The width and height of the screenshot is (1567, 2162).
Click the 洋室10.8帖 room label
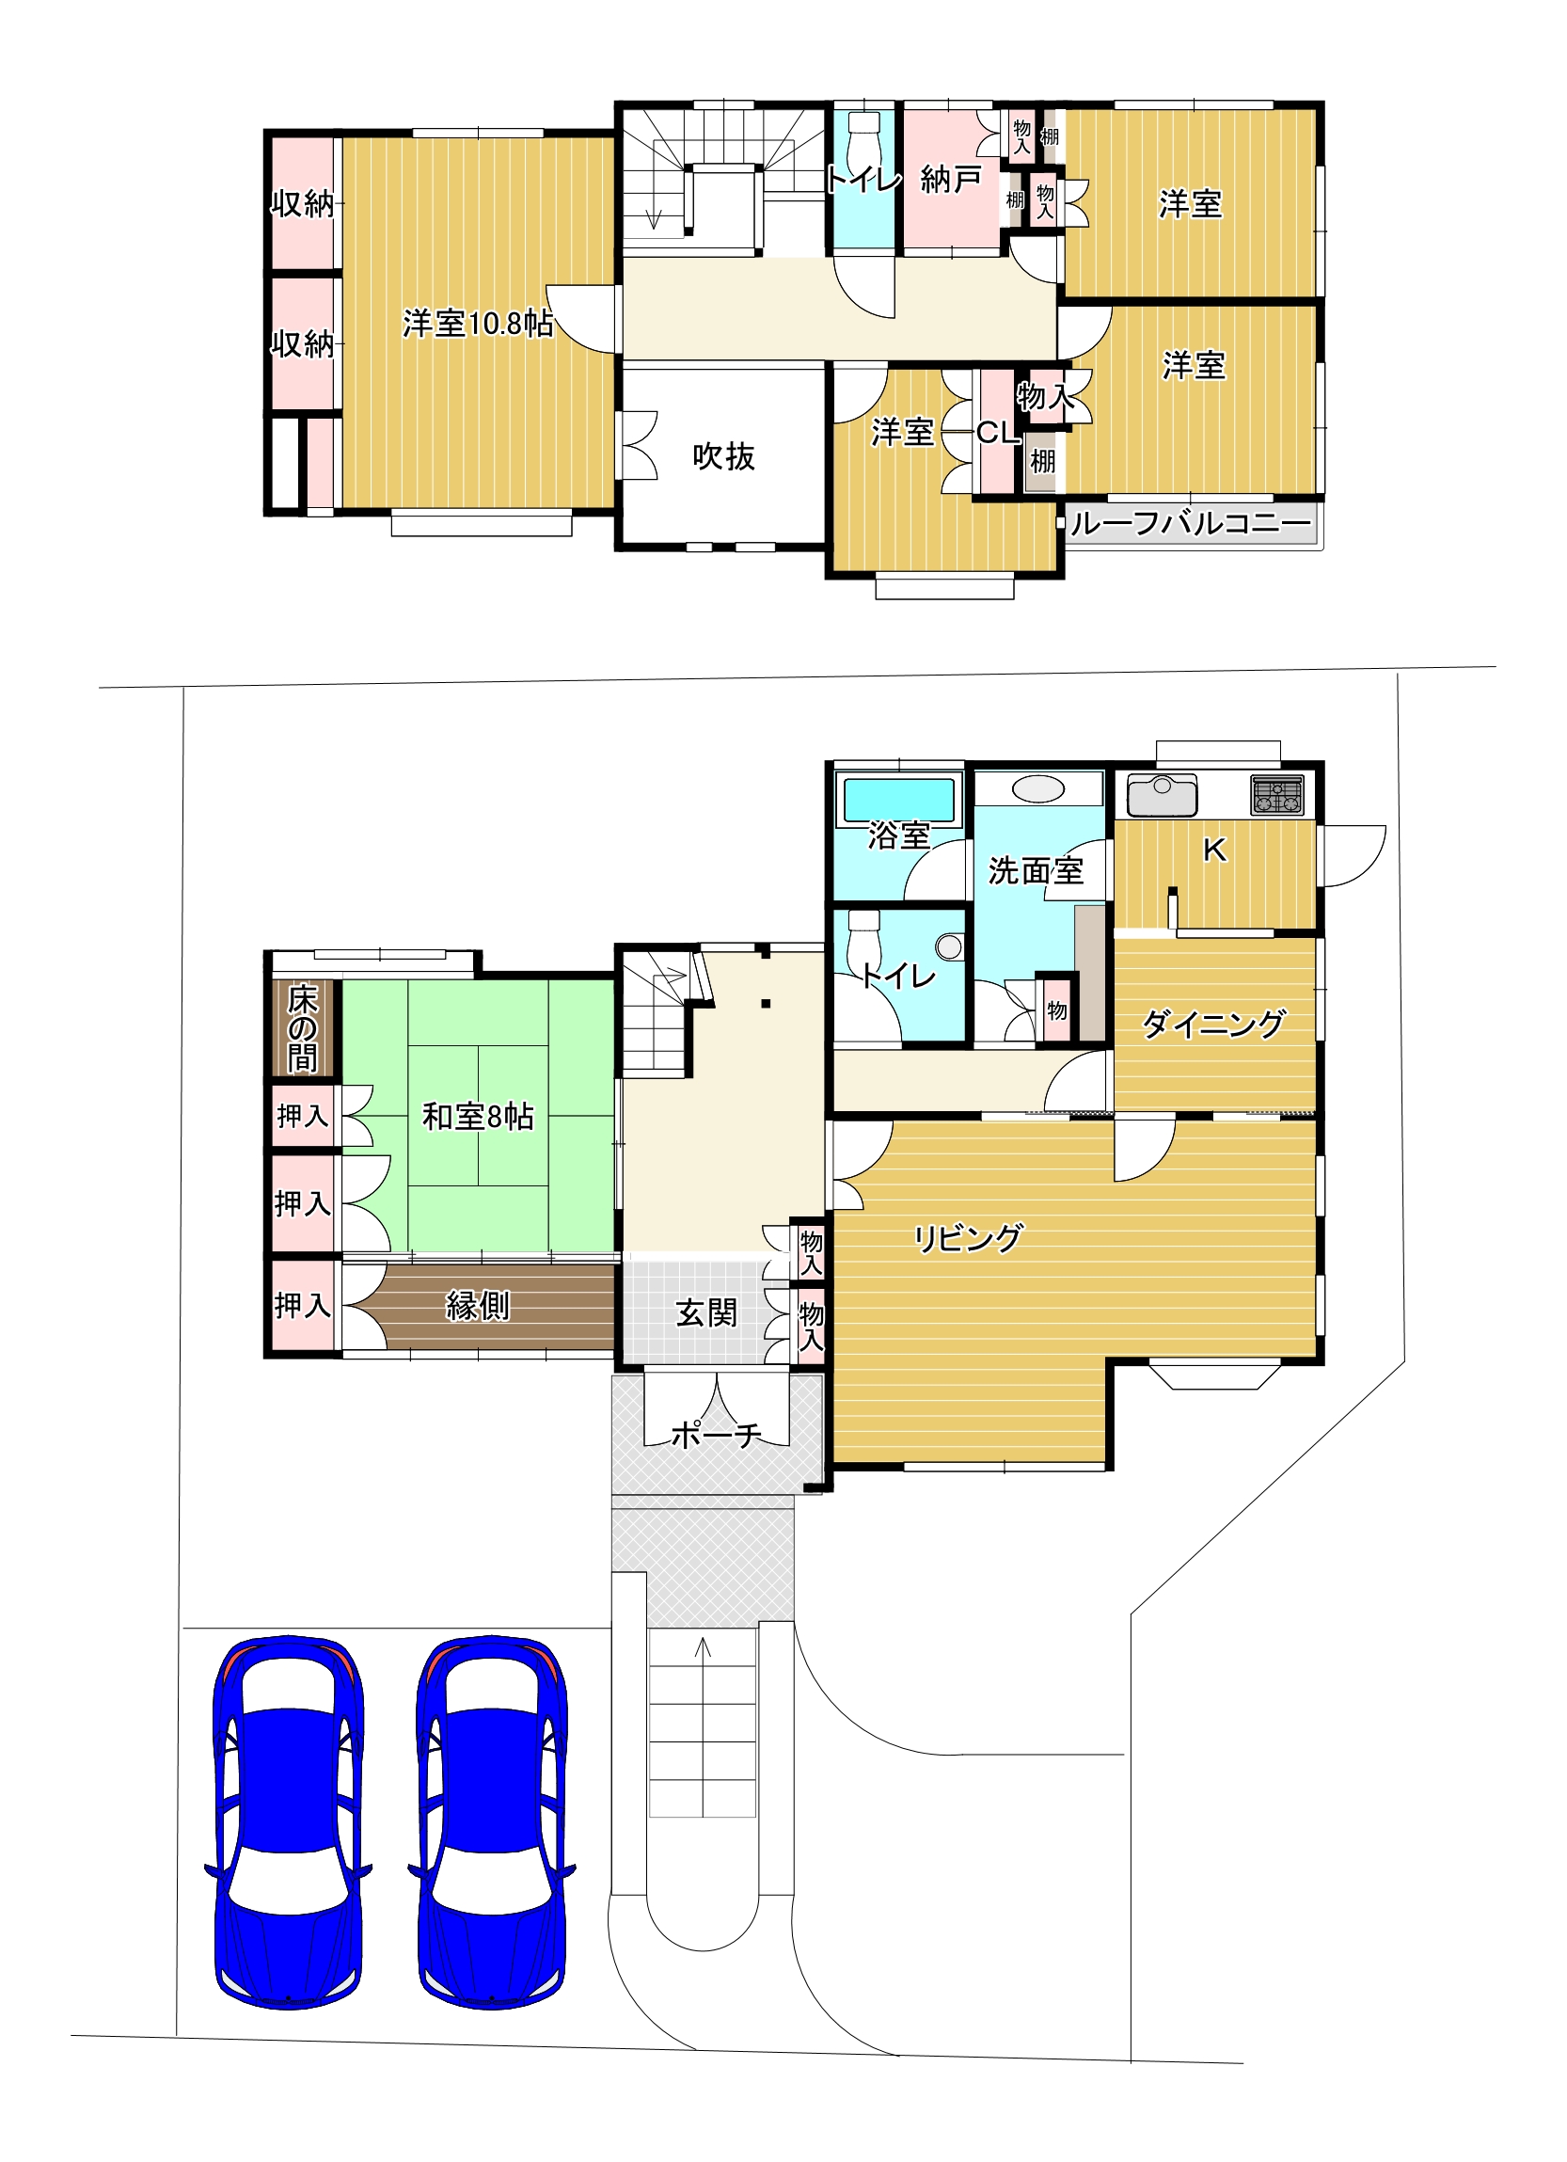478,324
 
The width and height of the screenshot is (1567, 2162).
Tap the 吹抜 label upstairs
723,456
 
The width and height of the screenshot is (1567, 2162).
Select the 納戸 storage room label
950,179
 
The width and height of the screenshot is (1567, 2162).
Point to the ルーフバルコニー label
1191,523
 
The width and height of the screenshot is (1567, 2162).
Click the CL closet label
998,433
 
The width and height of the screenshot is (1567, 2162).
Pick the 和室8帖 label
478,1116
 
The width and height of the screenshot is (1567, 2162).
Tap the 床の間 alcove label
302,1028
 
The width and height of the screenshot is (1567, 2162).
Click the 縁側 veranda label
478,1305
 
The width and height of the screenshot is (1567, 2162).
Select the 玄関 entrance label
706,1313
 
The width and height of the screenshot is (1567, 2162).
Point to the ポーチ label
716,1435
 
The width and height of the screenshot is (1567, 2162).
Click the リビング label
968,1239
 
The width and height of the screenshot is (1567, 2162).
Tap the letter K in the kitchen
1214,850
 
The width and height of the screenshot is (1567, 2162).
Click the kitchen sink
1162,796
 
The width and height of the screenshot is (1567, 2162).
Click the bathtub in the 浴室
895,801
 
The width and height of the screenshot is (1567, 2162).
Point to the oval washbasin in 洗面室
1039,790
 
